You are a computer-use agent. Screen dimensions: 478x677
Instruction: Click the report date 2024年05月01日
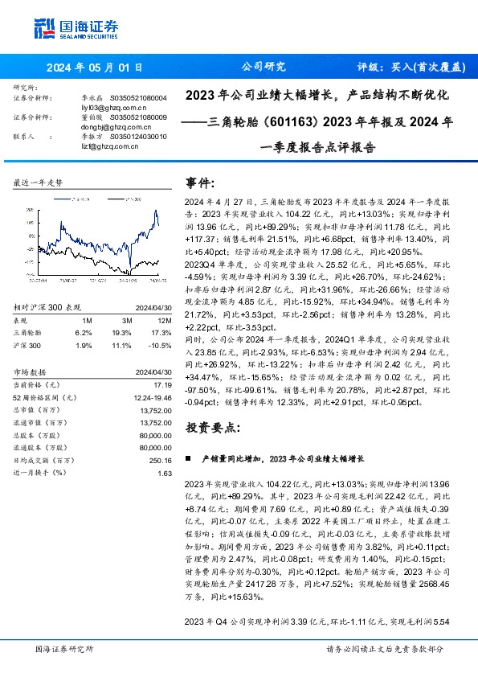pyautogui.click(x=95, y=68)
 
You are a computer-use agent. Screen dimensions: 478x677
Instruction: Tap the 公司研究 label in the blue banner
pyautogui.click(x=264, y=68)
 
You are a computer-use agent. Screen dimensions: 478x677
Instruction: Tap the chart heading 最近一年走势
pyautogui.click(x=38, y=183)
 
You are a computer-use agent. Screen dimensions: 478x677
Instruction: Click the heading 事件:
pyautogui.click(x=200, y=183)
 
